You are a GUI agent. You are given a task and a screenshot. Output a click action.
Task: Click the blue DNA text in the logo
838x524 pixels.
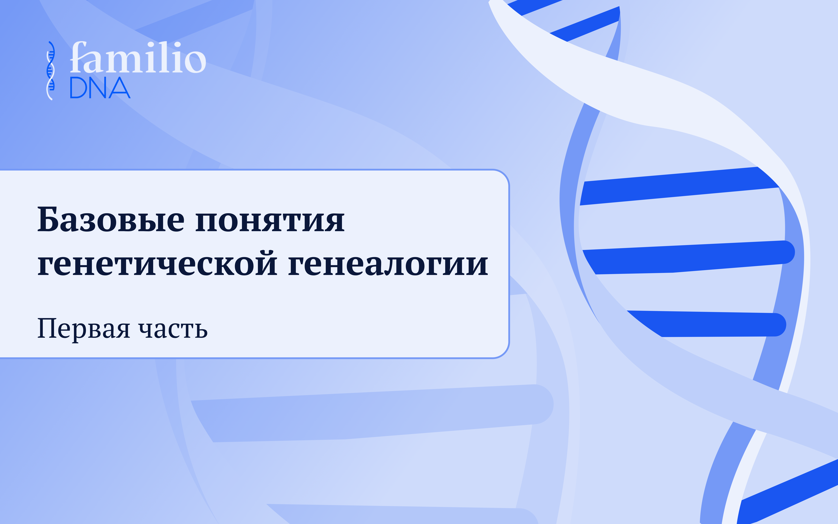tap(100, 88)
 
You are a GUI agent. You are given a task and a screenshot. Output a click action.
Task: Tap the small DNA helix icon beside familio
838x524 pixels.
tap(51, 71)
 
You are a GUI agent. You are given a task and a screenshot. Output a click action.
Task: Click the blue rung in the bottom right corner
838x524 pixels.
tap(787, 492)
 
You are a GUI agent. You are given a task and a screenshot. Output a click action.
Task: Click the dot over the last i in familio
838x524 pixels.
tap(177, 44)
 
